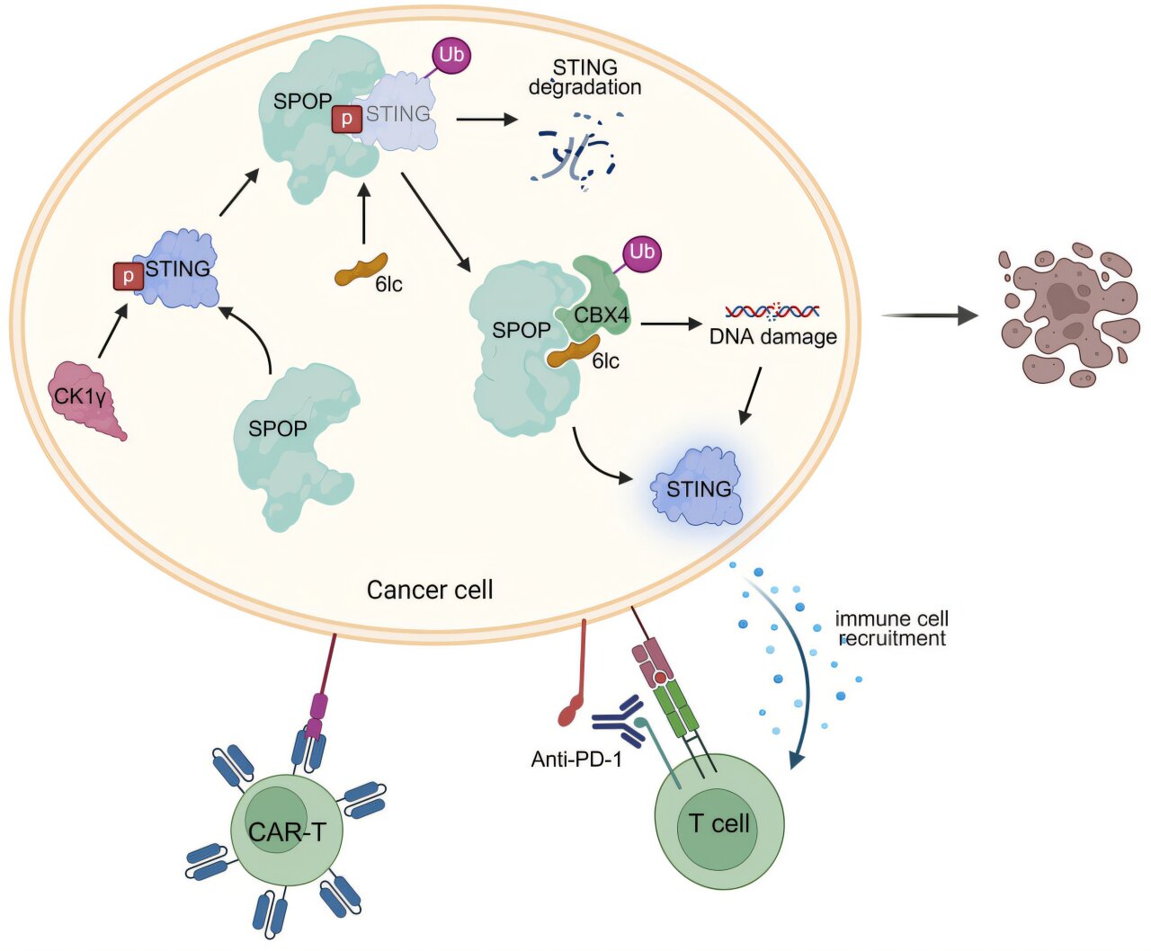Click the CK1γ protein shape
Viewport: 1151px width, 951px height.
pos(85,400)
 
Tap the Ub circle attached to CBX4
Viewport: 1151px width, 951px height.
pos(641,253)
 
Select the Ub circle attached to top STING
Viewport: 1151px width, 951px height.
pos(451,55)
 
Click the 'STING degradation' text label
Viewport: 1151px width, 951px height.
pos(585,77)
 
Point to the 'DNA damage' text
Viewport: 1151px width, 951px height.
pos(772,337)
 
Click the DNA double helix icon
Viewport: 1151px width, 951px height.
pos(772,312)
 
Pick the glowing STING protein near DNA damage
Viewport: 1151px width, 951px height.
pos(699,487)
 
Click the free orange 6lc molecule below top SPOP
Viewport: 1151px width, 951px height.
pos(361,269)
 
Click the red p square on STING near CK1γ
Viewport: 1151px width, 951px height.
pos(128,276)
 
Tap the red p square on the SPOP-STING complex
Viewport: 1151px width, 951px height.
pos(346,119)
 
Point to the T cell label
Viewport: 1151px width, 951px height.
pos(718,823)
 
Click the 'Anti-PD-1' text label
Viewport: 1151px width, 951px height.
pos(576,760)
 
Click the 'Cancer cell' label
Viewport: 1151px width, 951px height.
pos(430,590)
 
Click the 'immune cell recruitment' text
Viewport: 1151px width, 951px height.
pos(891,628)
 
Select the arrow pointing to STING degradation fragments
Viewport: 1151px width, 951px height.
pos(486,119)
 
